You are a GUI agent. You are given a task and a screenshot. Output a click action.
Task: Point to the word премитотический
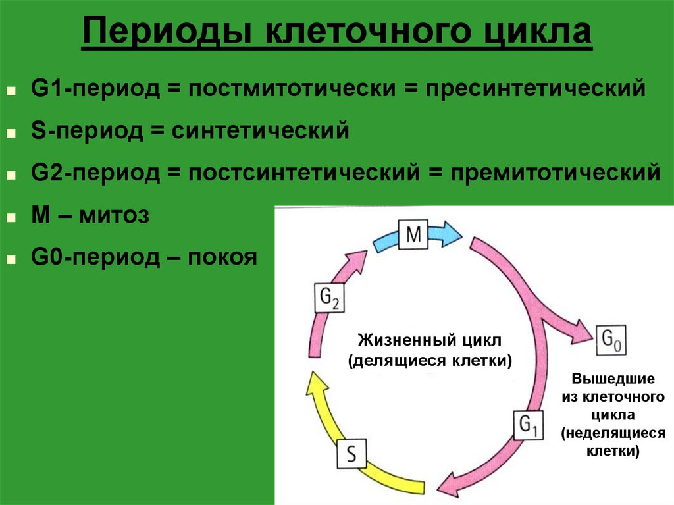556,173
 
